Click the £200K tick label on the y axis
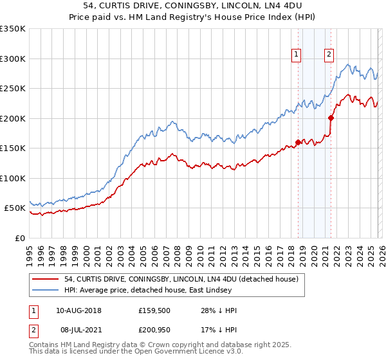click(x=13, y=118)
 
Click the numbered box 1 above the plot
click(x=297, y=55)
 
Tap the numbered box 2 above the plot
click(x=329, y=55)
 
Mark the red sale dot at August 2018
click(x=298, y=143)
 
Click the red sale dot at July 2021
click(x=331, y=118)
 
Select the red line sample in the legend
click(x=46, y=280)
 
